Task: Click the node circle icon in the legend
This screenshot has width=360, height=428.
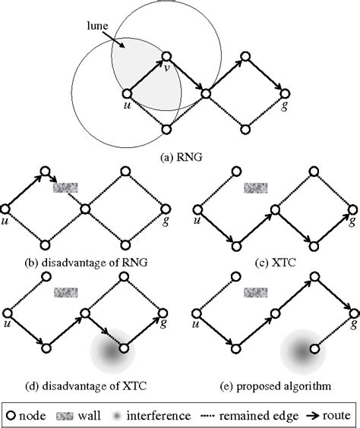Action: point(13,414)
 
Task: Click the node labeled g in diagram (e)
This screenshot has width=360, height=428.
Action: point(351,312)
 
